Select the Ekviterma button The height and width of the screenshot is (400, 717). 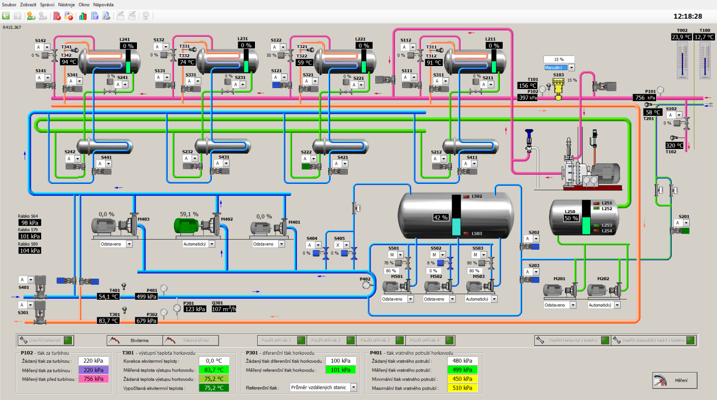135,340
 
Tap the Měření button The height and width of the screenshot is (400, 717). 675,380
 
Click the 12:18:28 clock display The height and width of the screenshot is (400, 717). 688,16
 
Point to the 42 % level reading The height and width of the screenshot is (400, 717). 441,217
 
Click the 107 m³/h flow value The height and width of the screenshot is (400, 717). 224,309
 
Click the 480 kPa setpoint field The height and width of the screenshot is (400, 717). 462,361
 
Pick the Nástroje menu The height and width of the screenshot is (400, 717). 66,5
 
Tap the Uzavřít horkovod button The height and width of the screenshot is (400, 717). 45,340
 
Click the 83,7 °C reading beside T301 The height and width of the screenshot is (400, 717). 108,321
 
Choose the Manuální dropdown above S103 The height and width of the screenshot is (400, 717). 559,68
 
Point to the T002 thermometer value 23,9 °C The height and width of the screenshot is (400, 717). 681,37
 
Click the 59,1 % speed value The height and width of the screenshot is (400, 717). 189,214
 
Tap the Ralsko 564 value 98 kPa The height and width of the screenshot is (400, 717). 30,223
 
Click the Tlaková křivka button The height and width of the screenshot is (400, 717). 191,340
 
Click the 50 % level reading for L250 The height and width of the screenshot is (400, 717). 571,218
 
